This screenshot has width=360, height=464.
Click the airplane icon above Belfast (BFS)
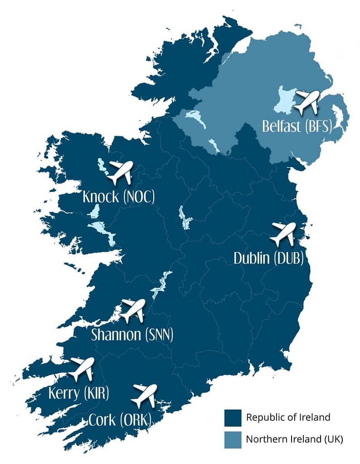pos(307,102)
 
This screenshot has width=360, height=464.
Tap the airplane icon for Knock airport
pos(120,172)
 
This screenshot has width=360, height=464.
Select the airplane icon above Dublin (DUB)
pos(283,234)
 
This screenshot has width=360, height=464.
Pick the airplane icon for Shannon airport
pos(132,311)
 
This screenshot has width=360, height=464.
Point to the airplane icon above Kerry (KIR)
pos(82,369)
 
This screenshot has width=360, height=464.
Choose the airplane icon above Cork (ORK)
pos(144,396)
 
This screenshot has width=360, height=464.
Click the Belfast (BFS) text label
pos(297,126)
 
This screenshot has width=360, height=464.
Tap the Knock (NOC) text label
pos(119,197)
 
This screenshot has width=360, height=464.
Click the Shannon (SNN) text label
pos(132,335)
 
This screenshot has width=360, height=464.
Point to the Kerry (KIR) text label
pos(79,393)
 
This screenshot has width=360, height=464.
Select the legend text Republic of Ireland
pos(288,417)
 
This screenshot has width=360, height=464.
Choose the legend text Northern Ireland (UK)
pos(294,439)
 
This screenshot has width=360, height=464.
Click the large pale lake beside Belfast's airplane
pos(285,100)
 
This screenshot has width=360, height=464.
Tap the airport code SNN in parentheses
pos(158,335)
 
